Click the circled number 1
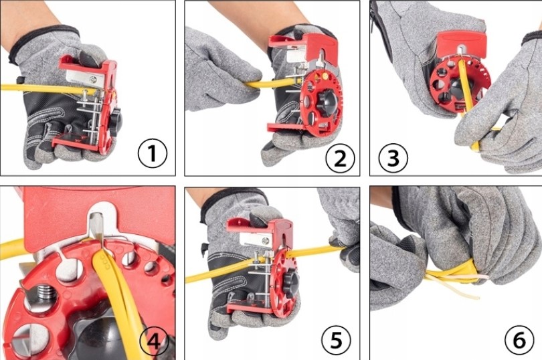(x=153, y=153)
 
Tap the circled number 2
(x=340, y=159)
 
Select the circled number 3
(x=393, y=158)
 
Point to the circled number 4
(x=154, y=342)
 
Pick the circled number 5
(x=337, y=340)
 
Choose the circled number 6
(x=519, y=341)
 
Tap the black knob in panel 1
(x=116, y=119)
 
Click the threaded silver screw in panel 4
(x=45, y=293)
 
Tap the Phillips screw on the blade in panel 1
(x=92, y=80)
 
